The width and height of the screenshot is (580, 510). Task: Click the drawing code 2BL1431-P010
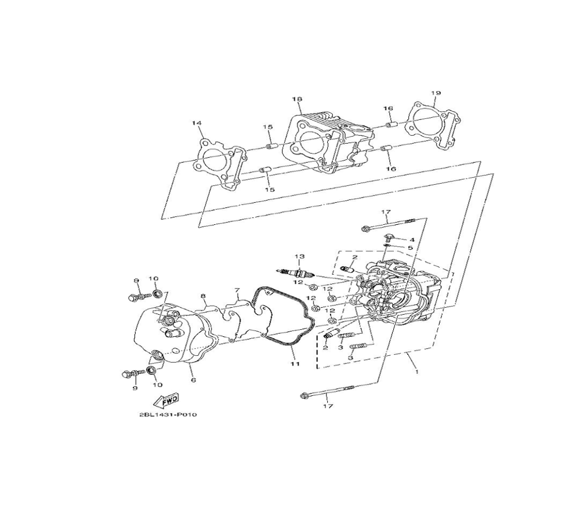(x=168, y=414)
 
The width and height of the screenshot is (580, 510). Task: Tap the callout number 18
(x=296, y=99)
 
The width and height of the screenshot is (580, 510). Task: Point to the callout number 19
(x=436, y=93)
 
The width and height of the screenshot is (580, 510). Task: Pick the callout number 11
(x=295, y=363)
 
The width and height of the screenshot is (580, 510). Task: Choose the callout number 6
(x=193, y=380)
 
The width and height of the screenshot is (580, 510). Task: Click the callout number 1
(x=417, y=372)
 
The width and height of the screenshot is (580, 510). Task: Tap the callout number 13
(x=299, y=256)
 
